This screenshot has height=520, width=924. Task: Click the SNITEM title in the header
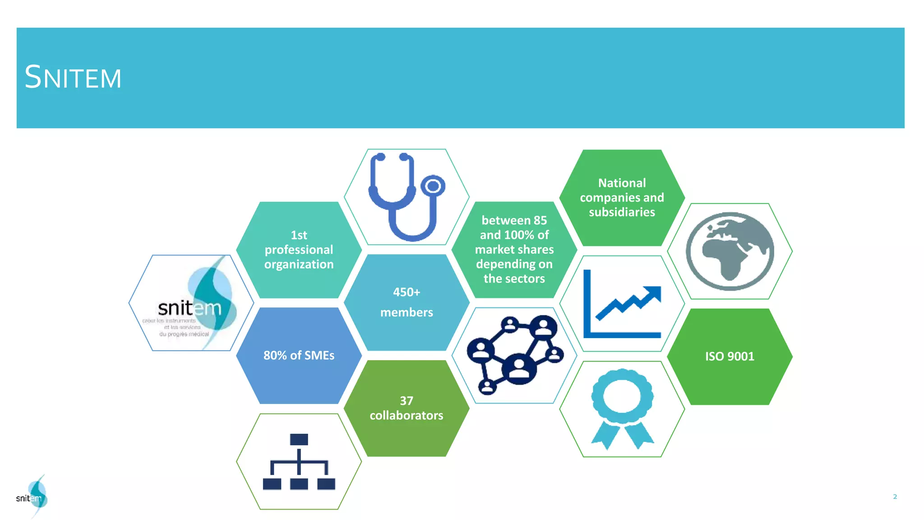click(x=73, y=77)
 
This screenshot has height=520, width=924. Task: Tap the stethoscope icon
click(x=406, y=197)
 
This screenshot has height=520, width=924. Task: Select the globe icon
click(x=730, y=251)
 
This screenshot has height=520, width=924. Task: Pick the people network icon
click(x=515, y=355)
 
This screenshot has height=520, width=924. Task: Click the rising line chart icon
click(x=622, y=303)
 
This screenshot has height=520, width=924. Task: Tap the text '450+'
click(x=407, y=292)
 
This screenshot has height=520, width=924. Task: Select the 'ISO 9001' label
click(x=730, y=356)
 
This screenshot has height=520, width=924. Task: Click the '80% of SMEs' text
click(x=299, y=355)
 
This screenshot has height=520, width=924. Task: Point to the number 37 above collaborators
click(x=407, y=400)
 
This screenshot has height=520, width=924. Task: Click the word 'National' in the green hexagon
click(x=622, y=183)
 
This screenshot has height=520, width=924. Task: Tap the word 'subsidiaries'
click(x=622, y=212)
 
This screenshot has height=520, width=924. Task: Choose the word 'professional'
click(x=299, y=250)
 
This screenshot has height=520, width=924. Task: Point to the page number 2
click(x=895, y=497)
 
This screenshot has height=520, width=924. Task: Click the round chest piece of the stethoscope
click(x=433, y=186)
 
